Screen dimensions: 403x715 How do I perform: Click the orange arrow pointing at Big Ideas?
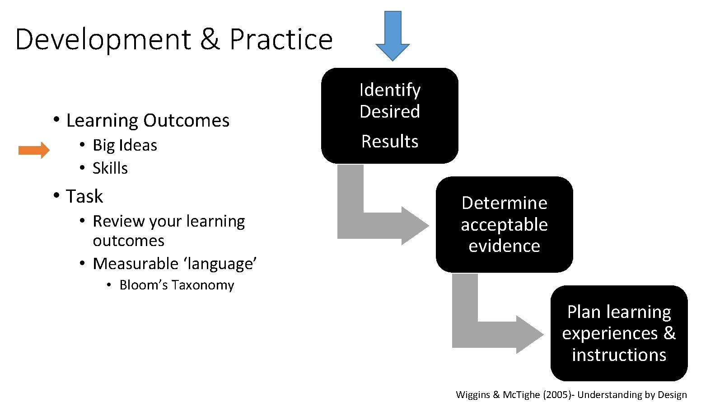tap(34, 150)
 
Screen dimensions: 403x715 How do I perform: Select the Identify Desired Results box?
tap(390, 116)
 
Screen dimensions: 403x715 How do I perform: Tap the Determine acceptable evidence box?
tap(504, 224)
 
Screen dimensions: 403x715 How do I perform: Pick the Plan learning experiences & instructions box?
tap(619, 333)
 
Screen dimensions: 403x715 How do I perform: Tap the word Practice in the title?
tap(281, 39)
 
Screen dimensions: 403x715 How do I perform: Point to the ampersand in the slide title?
tap(210, 39)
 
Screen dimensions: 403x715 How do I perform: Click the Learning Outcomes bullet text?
tap(148, 120)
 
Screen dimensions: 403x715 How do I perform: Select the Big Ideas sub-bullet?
tap(125, 145)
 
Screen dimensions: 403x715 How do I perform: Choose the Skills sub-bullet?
tap(110, 168)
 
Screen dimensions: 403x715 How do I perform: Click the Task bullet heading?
tap(84, 196)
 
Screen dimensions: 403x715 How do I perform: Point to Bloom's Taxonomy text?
tap(177, 285)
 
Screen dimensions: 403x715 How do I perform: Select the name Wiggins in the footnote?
tap(473, 394)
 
